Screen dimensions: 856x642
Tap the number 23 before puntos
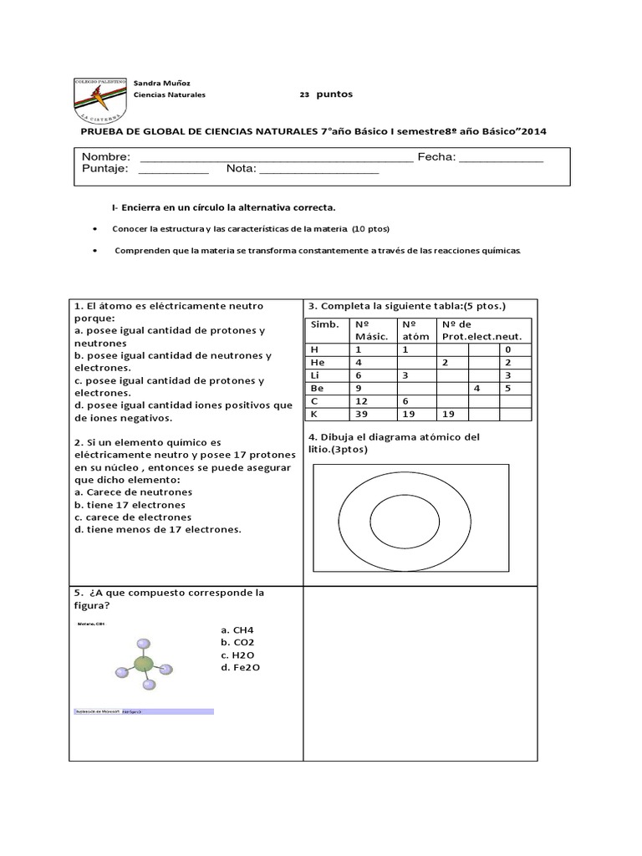(304, 94)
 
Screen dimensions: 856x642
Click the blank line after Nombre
(275, 158)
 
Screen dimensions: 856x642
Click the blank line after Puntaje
(172, 170)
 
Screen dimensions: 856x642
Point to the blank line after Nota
(319, 170)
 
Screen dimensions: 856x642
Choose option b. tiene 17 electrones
(130, 505)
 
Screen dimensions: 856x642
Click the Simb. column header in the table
(325, 324)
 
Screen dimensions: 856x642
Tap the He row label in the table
(317, 363)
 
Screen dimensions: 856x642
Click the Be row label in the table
(317, 388)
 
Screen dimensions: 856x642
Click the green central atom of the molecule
(144, 665)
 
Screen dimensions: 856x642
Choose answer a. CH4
(237, 629)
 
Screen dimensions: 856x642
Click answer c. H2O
(237, 655)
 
